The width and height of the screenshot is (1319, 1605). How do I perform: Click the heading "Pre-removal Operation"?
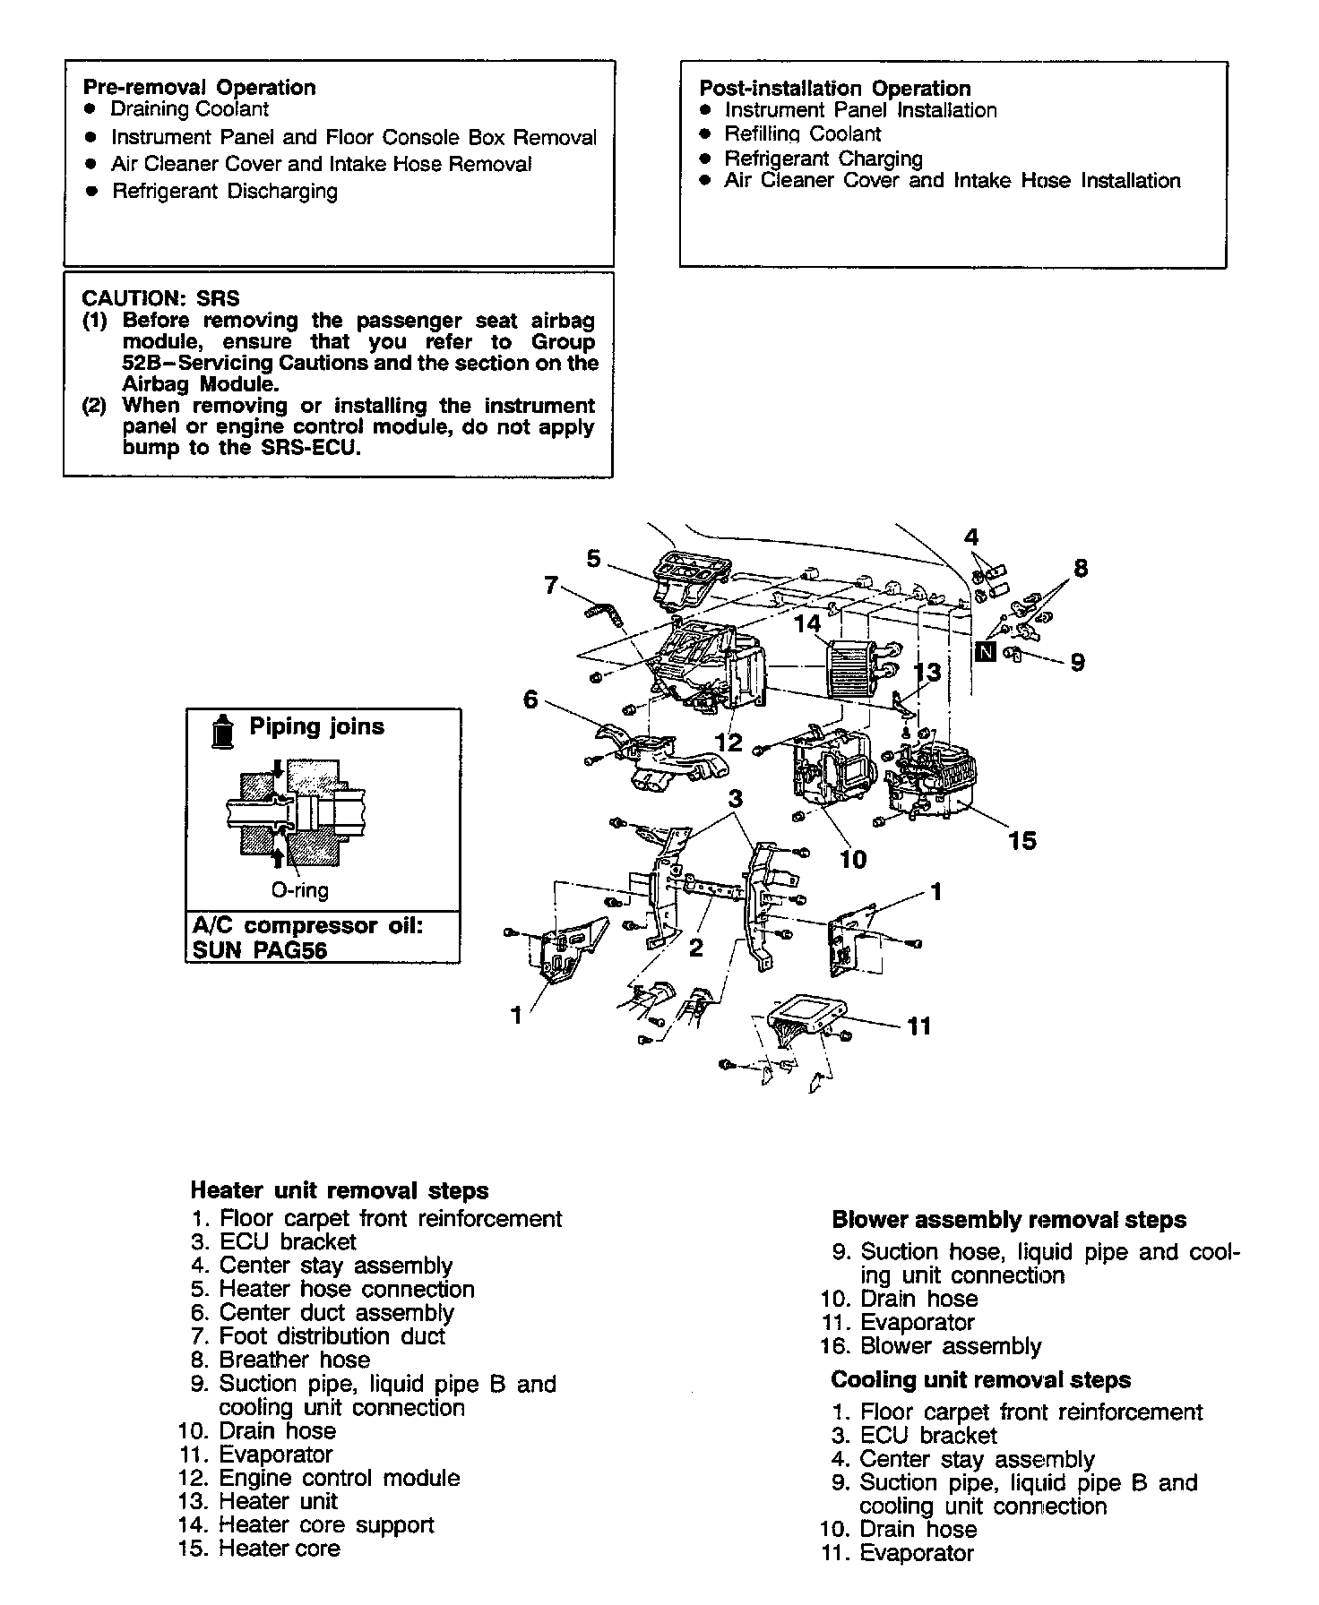pos(199,88)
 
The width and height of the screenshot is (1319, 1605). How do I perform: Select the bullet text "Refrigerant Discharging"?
pos(224,192)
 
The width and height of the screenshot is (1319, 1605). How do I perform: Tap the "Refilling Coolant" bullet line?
pos(802,134)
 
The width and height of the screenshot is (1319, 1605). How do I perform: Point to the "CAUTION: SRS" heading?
pos(160,298)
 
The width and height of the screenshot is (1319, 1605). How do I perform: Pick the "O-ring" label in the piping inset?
pos(299,890)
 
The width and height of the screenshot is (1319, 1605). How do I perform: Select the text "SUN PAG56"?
pos(260,950)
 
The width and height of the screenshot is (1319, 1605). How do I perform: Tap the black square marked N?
pos(986,651)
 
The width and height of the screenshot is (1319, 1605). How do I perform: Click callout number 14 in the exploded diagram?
pos(807,624)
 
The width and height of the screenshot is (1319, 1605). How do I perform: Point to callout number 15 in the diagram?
pos(1022,841)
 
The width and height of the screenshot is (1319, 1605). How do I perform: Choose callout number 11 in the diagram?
pos(919,1026)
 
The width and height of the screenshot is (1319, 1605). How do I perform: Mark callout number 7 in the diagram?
pos(550,586)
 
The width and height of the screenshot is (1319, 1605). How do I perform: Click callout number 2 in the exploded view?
pos(696,947)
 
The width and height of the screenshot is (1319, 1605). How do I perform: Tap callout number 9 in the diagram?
pos(1077,662)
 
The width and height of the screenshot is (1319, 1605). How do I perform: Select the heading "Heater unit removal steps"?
pos(340,1191)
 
